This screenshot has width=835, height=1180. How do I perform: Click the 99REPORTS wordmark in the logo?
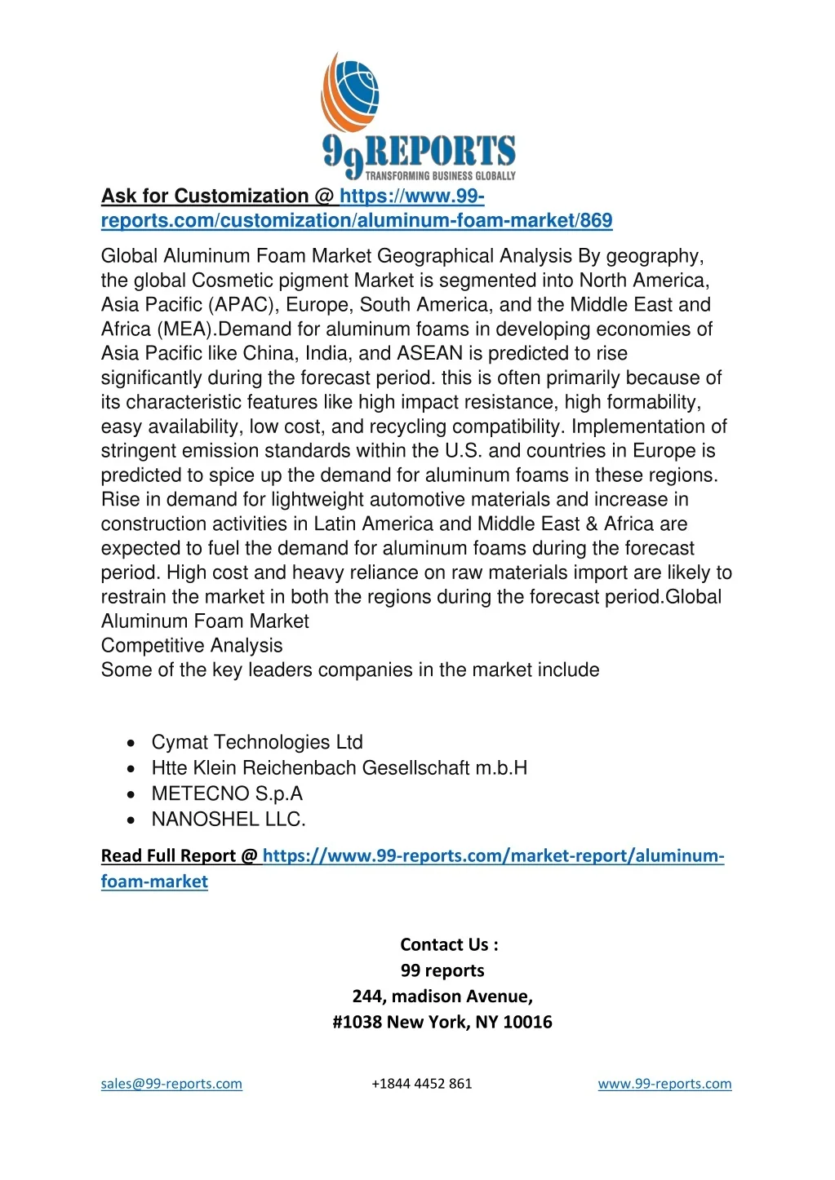point(419,153)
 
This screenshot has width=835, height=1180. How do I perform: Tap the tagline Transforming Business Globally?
point(440,175)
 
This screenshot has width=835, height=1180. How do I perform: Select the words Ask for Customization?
point(204,197)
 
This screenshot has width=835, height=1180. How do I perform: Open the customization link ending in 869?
point(356,221)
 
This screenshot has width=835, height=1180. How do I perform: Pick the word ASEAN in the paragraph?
point(429,354)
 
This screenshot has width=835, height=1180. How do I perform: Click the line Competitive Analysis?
point(192,646)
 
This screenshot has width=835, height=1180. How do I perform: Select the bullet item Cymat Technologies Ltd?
point(257,742)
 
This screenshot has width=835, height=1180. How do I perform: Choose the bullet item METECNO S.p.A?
point(227,793)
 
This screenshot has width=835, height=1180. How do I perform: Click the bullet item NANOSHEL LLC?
point(229,820)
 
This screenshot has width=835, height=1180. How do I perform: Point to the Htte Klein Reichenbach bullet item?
point(339,768)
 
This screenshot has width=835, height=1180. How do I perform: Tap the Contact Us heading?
point(449,945)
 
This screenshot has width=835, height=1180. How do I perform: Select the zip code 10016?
point(527,1023)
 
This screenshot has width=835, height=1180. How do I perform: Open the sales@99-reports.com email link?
point(171,1084)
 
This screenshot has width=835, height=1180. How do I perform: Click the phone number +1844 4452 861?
point(421,1084)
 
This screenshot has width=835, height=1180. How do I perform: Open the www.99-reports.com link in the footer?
point(664,1084)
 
